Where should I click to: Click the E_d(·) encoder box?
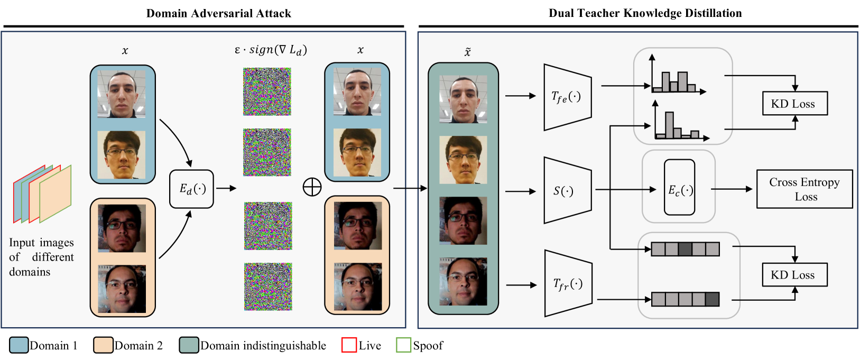tap(191, 189)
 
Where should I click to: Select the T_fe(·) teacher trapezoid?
tap(567, 97)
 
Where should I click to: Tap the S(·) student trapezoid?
tap(567, 190)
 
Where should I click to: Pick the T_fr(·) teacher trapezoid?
tap(568, 284)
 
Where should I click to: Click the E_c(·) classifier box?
tap(679, 188)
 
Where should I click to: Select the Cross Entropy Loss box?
tap(804, 189)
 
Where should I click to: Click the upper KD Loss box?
tap(794, 104)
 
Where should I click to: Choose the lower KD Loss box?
tap(794, 275)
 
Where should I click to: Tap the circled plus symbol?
tap(312, 187)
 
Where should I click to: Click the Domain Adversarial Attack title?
tap(218, 13)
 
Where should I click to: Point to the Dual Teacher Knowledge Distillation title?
tap(645, 13)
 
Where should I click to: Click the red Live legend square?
tap(349, 345)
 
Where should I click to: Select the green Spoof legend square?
tap(404, 345)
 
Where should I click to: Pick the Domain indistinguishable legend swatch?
tap(189, 345)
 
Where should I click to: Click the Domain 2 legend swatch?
tap(103, 345)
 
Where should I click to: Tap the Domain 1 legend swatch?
tap(19, 345)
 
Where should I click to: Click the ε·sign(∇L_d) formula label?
tap(270, 50)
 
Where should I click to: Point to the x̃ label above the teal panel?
tap(467, 52)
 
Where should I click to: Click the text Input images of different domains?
tap(41, 257)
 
